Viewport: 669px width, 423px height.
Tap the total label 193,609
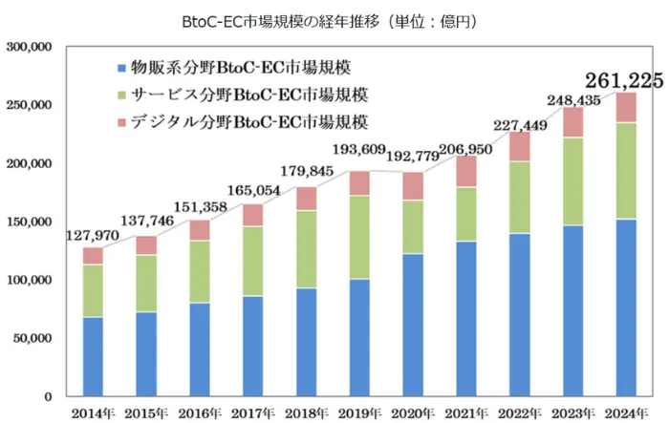coord(357,150)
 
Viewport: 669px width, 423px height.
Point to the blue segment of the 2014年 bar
coord(93,356)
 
